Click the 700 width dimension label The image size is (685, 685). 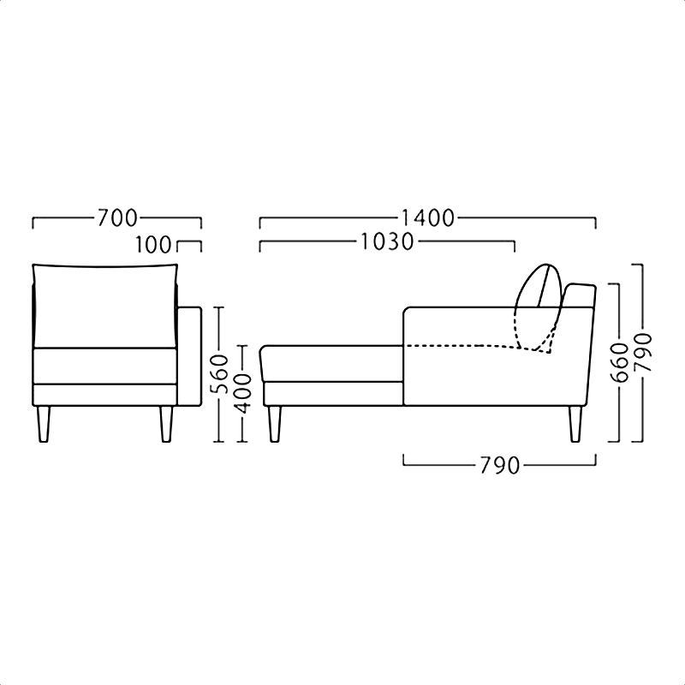117,217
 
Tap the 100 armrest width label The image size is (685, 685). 153,245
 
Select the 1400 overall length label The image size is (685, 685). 427,217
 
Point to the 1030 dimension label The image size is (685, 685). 387,241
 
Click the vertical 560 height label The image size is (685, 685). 220,373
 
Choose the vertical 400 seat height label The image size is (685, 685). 242,393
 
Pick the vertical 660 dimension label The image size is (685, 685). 620,362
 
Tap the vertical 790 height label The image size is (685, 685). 643,352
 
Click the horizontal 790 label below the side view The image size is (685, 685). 500,466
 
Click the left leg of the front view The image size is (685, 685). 44,424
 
